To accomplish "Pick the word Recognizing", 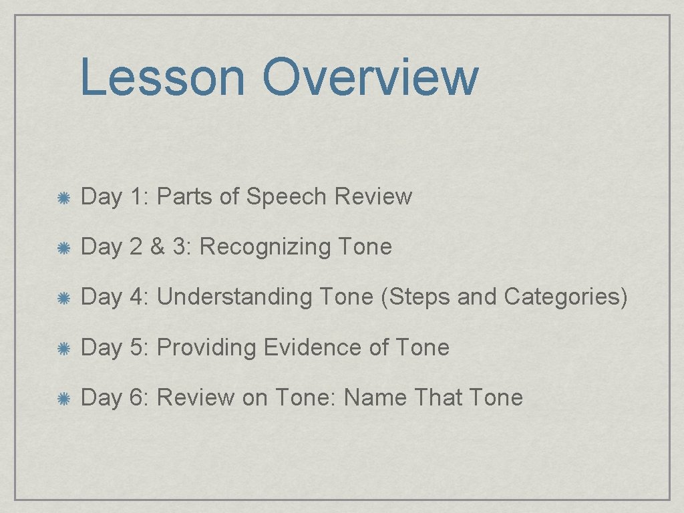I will [265, 247].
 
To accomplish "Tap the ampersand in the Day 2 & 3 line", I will [157, 247].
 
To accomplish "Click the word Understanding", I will [234, 297].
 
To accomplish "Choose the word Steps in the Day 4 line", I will [418, 297].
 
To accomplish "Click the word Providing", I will [206, 347].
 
